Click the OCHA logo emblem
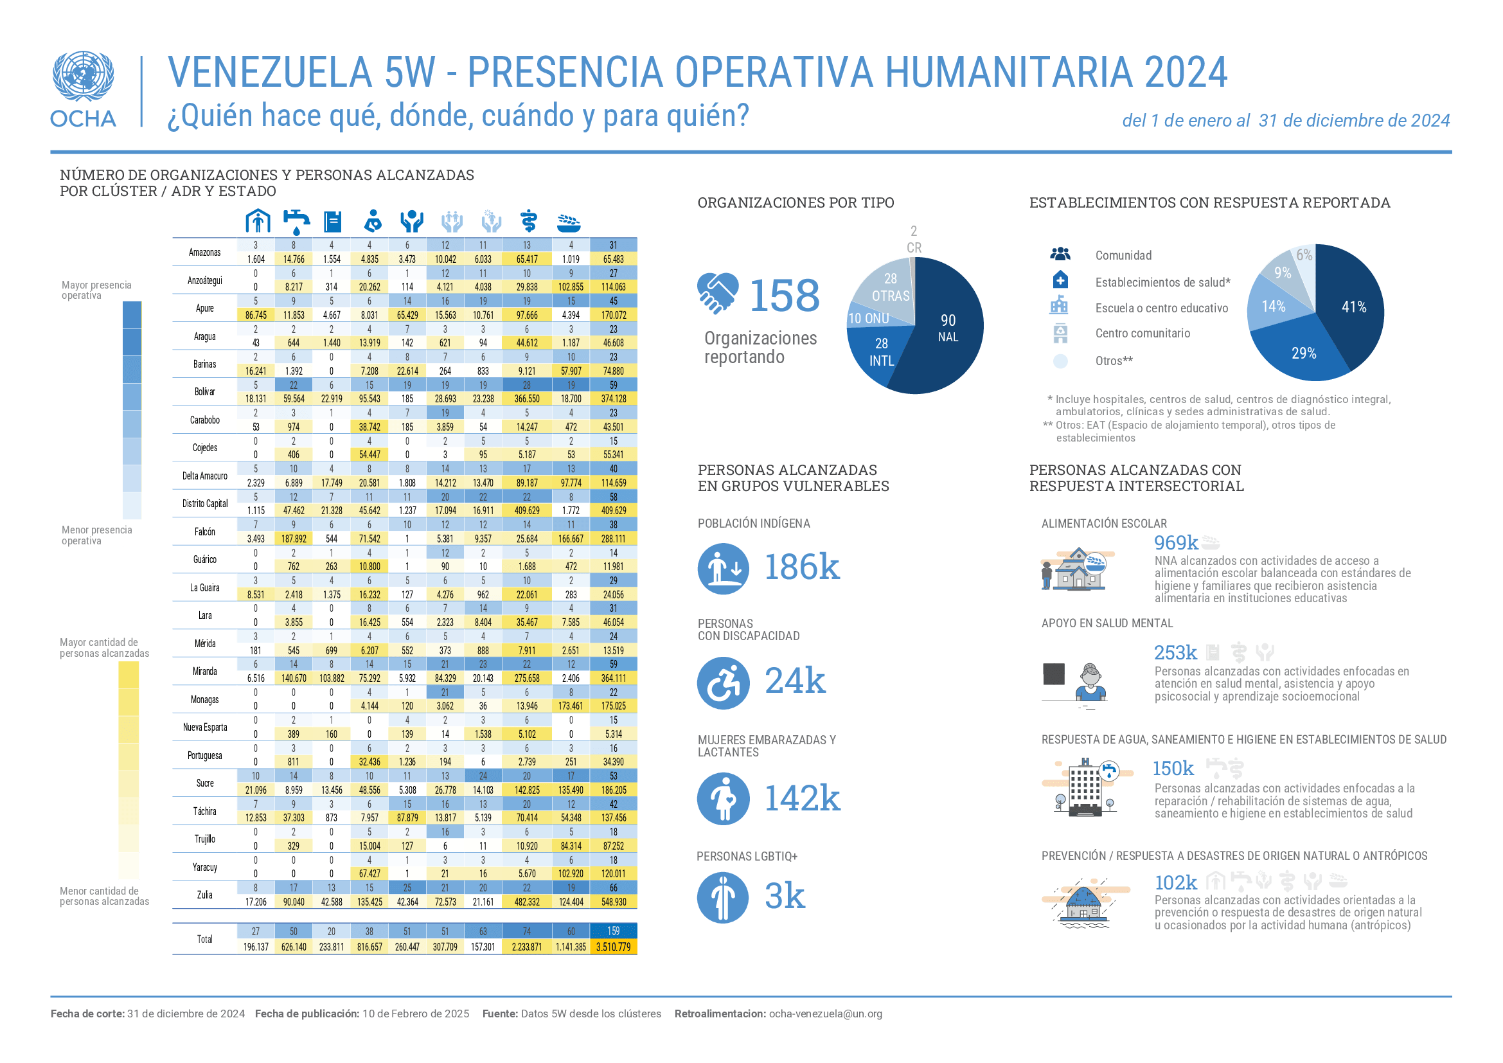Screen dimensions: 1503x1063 point(83,76)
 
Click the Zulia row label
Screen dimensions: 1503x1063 point(205,895)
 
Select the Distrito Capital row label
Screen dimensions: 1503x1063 point(205,503)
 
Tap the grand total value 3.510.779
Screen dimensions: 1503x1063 point(614,947)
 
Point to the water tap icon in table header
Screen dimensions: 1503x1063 point(296,222)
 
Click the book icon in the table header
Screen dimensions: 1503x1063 point(334,222)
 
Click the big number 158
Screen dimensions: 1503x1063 point(783,295)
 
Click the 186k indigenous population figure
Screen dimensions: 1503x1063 point(802,567)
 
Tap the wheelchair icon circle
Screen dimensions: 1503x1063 point(724,683)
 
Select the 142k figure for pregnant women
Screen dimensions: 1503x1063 point(803,799)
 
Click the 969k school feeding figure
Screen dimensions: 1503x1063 point(1176,542)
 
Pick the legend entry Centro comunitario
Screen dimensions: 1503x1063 point(1143,333)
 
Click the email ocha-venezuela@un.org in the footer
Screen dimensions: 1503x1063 point(826,1014)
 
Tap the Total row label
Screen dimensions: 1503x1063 point(205,940)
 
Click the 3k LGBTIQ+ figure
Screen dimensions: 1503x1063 point(785,896)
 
